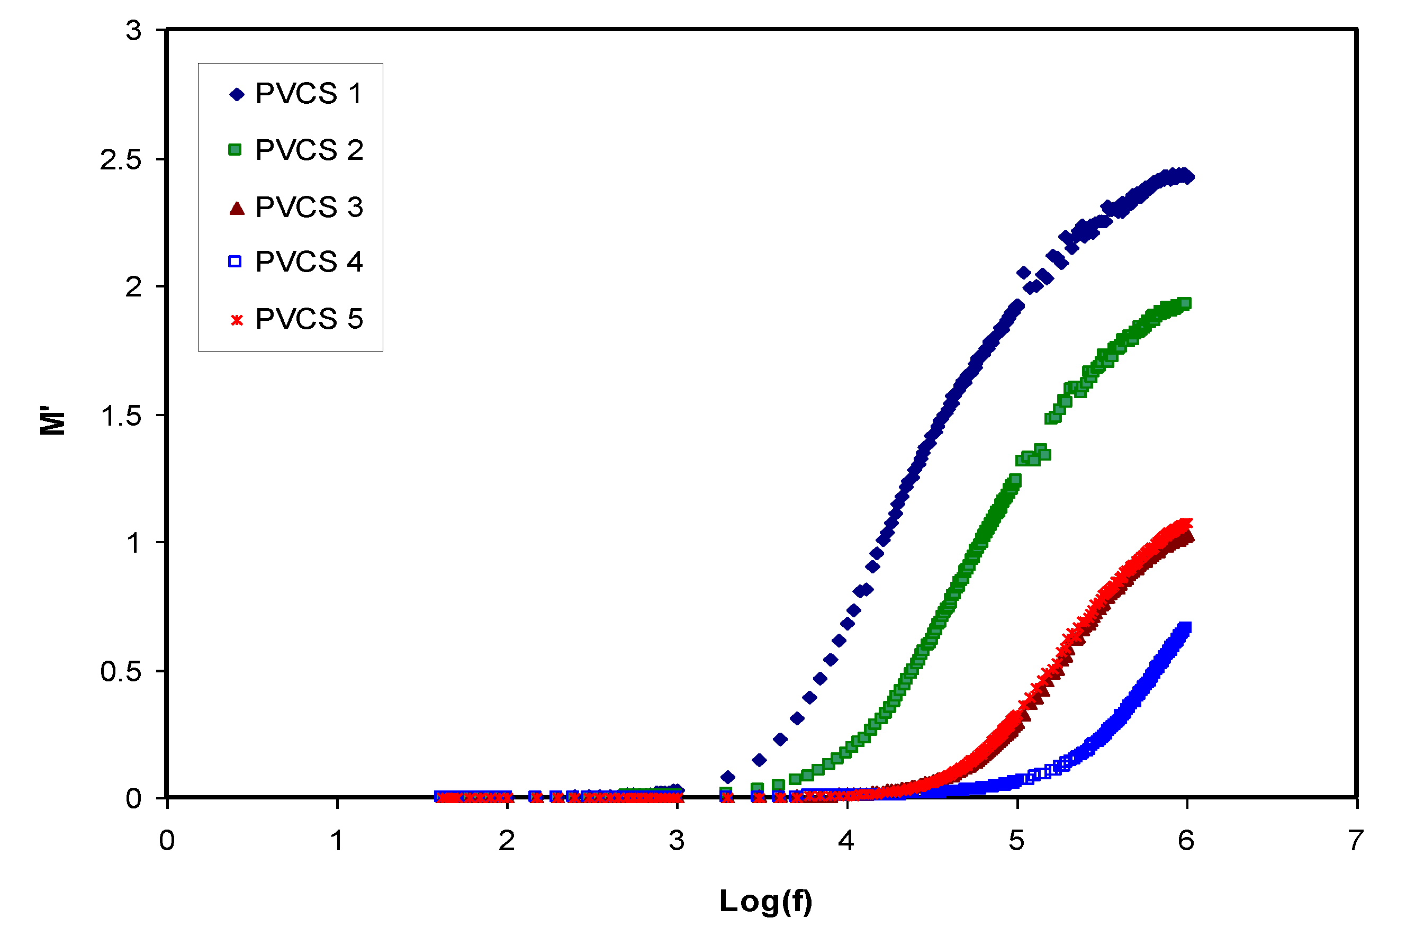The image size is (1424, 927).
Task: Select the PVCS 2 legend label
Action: (x=309, y=150)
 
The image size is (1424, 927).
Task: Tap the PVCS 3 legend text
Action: (x=309, y=207)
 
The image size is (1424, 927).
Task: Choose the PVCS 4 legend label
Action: (x=309, y=262)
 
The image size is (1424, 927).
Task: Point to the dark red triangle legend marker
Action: (x=237, y=208)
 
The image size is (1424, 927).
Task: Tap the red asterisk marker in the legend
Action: (x=237, y=320)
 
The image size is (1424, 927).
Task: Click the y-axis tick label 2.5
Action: (x=120, y=160)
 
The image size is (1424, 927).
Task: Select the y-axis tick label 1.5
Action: (x=121, y=416)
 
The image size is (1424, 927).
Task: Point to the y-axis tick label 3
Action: (x=133, y=31)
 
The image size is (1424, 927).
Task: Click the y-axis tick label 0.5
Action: (x=121, y=671)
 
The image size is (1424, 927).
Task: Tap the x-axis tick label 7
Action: (x=1356, y=841)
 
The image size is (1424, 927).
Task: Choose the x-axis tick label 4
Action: (x=846, y=841)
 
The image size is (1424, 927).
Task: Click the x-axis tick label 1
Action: (x=337, y=841)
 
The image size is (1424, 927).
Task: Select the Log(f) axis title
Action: (x=766, y=901)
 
